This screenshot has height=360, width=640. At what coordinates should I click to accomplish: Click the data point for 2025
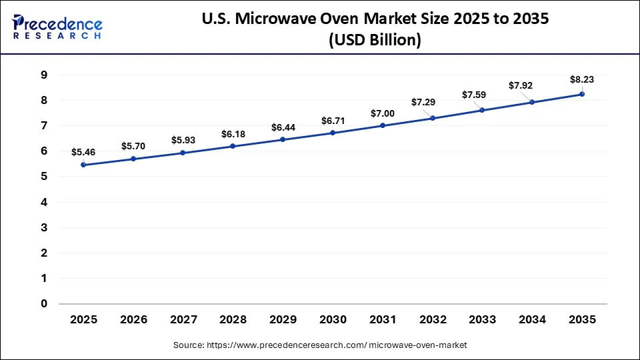[x=83, y=165]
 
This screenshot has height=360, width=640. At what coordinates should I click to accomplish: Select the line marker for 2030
[x=333, y=133]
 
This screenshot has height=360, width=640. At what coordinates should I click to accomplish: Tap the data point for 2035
[x=582, y=94]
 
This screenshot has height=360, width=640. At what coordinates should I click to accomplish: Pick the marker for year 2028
[x=233, y=146]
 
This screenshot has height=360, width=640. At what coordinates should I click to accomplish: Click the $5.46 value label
[x=83, y=152]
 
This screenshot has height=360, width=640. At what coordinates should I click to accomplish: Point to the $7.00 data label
[x=383, y=113]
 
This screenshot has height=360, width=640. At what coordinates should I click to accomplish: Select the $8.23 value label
[x=582, y=79]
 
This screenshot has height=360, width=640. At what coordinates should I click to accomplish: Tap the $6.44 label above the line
[x=283, y=127]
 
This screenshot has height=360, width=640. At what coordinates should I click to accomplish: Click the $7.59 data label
[x=474, y=95]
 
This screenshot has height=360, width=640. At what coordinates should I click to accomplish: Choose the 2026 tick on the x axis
[x=133, y=320]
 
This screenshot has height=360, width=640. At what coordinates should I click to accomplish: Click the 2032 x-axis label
[x=433, y=320]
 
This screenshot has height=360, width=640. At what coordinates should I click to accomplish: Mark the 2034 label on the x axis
[x=532, y=320]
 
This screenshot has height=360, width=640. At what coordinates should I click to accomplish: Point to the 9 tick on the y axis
[x=44, y=75]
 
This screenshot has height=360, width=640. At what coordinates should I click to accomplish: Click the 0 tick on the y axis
[x=44, y=304]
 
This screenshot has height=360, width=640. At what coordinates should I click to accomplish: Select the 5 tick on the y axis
[x=44, y=177]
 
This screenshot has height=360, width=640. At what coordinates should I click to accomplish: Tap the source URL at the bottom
[x=320, y=345]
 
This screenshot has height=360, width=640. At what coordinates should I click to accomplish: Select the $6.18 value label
[x=233, y=134]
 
